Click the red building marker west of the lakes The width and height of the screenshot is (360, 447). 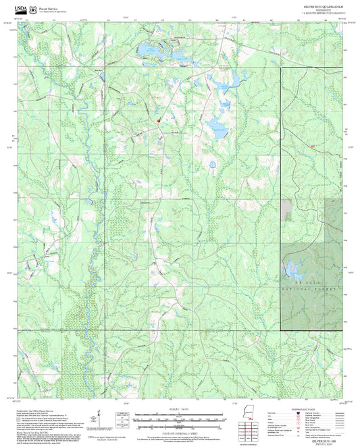(x=159, y=121)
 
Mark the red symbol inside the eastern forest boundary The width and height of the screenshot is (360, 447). (x=313, y=146)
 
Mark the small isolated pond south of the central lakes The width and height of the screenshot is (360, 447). (x=211, y=163)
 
